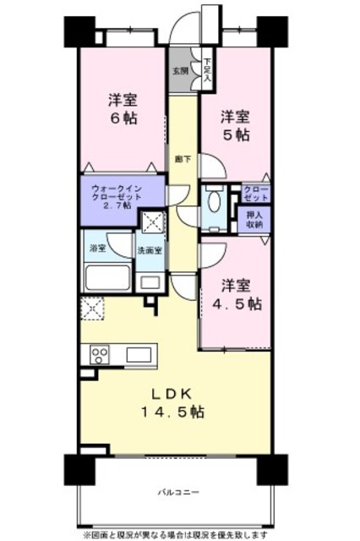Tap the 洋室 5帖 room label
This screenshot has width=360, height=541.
tap(236, 123)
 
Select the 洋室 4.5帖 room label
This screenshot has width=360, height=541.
tap(236, 292)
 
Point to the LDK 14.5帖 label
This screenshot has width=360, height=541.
tap(177, 402)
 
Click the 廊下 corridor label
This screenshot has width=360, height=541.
tap(181, 157)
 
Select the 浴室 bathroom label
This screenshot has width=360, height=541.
tap(98, 249)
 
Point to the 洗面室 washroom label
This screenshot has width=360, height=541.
tap(150, 251)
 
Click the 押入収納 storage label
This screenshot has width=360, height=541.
tap(254, 219)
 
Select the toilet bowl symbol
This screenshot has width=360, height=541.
tap(214, 202)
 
